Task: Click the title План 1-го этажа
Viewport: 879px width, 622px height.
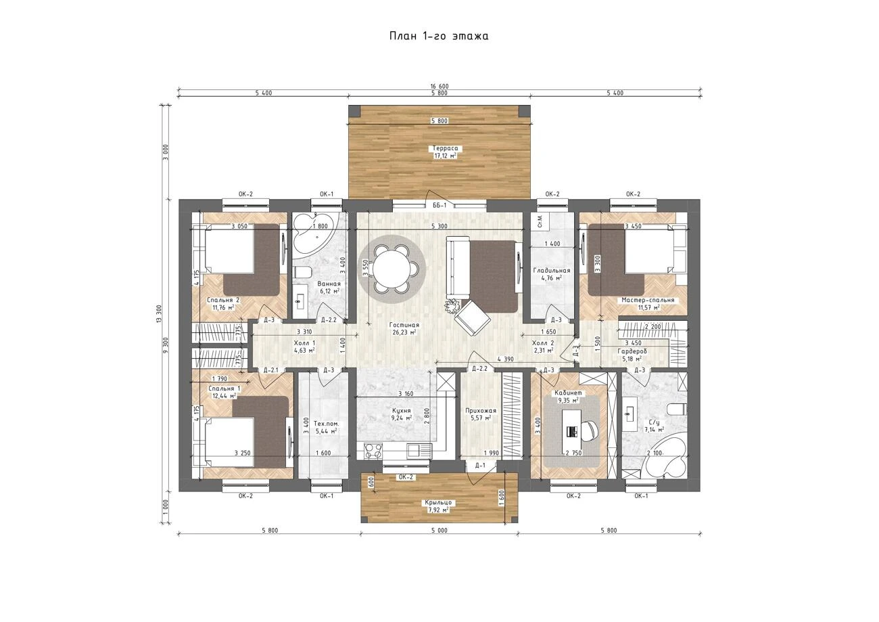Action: pyautogui.click(x=439, y=36)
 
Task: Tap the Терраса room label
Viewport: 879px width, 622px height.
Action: pyautogui.click(x=446, y=148)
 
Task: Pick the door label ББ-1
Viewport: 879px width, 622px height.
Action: pyautogui.click(x=440, y=205)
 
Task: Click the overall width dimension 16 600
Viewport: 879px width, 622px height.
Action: pyautogui.click(x=439, y=87)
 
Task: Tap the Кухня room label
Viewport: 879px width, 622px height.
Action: pyautogui.click(x=401, y=410)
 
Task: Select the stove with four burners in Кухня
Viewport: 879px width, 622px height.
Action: pyautogui.click(x=373, y=450)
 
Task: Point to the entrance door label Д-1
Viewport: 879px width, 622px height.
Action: pyautogui.click(x=480, y=466)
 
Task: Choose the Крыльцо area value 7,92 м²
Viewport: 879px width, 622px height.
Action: pyautogui.click(x=438, y=510)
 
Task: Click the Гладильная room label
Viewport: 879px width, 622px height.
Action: pyautogui.click(x=551, y=271)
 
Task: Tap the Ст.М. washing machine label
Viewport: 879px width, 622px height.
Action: pyautogui.click(x=540, y=221)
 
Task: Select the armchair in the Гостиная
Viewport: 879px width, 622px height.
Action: pyautogui.click(x=473, y=317)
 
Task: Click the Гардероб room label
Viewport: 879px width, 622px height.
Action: pyautogui.click(x=632, y=351)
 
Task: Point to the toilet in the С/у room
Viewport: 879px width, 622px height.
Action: pyautogui.click(x=679, y=409)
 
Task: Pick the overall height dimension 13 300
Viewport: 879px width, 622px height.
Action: pyautogui.click(x=159, y=314)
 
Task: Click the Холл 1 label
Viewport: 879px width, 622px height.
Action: pyautogui.click(x=304, y=342)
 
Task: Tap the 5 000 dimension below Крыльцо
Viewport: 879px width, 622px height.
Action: pyautogui.click(x=439, y=531)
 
